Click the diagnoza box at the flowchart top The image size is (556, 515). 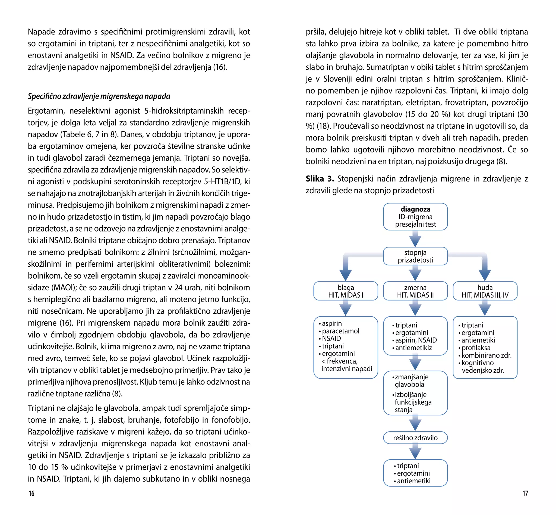pyautogui.click(x=415, y=217)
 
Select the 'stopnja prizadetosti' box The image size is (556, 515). pyautogui.click(x=415, y=256)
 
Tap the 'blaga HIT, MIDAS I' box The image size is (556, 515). pyautogui.click(x=346, y=291)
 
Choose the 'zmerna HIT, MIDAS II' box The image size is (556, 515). pyautogui.click(x=415, y=291)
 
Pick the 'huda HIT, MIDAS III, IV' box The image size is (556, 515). pyautogui.click(x=485, y=291)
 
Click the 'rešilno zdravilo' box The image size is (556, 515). pyautogui.click(x=415, y=438)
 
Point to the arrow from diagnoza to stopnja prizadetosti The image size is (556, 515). pyautogui.click(x=415, y=239)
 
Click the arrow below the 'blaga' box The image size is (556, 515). pyautogui.click(x=346, y=308)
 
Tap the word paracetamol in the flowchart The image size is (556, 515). pyautogui.click(x=340, y=331)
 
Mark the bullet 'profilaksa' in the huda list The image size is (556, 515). pyautogui.click(x=476, y=348)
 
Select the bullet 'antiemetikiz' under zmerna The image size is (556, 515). pyautogui.click(x=413, y=348)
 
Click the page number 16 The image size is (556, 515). pyautogui.click(x=31, y=493)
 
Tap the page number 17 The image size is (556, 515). pyautogui.click(x=525, y=493)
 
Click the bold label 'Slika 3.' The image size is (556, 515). pyautogui.click(x=320, y=179)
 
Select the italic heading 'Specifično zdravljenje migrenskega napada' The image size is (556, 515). pyautogui.click(x=99, y=96)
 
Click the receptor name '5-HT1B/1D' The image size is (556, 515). pyautogui.click(x=222, y=182)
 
